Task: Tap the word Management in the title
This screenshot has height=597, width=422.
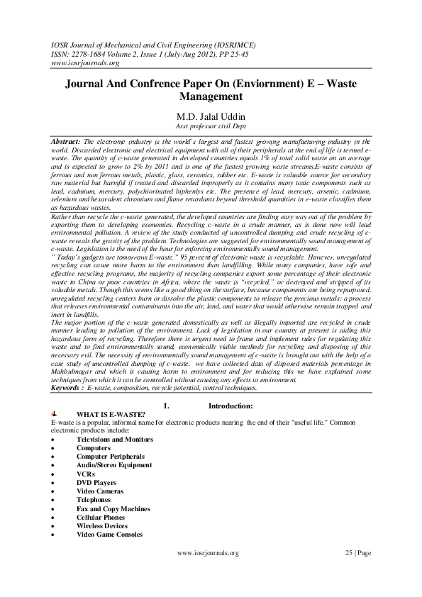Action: tap(211, 96)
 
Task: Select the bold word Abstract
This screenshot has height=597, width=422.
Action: tap(66, 142)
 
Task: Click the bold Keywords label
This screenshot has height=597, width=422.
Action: tap(67, 389)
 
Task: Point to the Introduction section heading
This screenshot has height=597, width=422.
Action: tap(231, 406)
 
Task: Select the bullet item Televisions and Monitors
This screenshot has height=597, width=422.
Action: tap(115, 440)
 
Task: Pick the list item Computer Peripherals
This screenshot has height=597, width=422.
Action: tap(110, 457)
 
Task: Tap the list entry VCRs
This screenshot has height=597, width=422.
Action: tap(86, 474)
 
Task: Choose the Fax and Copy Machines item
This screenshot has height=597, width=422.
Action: tap(113, 508)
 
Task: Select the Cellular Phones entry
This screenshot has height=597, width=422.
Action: tap(103, 518)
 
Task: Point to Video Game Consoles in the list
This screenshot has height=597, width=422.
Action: tap(109, 535)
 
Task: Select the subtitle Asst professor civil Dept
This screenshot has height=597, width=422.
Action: tap(210, 128)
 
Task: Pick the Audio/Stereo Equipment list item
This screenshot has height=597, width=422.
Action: tap(114, 465)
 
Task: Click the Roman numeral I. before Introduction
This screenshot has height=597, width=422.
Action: tap(166, 406)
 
